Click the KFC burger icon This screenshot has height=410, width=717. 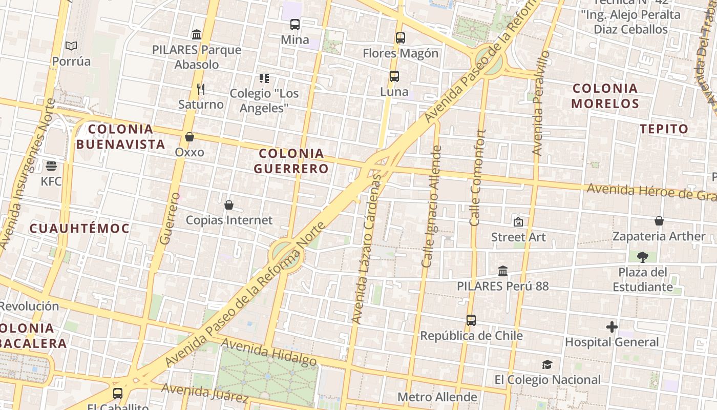[51, 166]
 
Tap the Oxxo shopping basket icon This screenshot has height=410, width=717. [189, 137]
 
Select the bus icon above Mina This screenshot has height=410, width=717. [295, 24]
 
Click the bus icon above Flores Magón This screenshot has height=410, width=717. [400, 38]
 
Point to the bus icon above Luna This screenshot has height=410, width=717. [394, 76]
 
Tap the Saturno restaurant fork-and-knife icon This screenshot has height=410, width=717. [201, 89]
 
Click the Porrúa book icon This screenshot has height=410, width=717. [71, 46]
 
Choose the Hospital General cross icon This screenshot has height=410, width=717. [611, 327]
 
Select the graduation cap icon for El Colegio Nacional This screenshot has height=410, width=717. [547, 365]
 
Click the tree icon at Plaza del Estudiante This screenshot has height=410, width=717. [643, 257]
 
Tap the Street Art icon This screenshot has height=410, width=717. [518, 222]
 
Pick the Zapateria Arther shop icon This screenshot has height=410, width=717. [659, 221]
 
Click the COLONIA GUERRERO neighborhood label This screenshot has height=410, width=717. [291, 160]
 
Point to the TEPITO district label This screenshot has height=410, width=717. [664, 129]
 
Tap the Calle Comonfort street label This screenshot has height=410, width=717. [478, 177]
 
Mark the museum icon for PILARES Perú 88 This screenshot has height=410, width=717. [503, 271]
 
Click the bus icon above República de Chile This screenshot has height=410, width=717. [471, 320]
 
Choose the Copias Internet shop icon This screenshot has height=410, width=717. [229, 205]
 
